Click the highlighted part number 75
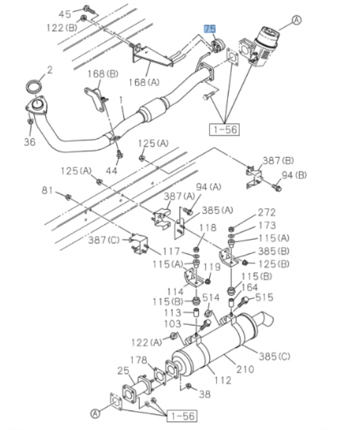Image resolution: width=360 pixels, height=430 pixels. click(x=210, y=29)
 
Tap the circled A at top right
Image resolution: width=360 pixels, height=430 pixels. click(x=297, y=21)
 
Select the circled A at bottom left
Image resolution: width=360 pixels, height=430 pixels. click(x=95, y=413)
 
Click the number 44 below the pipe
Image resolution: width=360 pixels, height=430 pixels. click(x=112, y=170)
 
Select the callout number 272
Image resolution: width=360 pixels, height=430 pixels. click(x=266, y=212)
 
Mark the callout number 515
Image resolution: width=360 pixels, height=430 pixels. click(x=264, y=297)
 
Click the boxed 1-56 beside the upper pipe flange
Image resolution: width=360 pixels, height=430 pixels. click(x=225, y=128)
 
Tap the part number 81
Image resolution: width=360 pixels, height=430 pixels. click(x=47, y=191)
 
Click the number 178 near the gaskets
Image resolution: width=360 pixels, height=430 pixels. click(x=138, y=360)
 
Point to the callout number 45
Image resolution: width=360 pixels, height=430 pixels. click(x=65, y=14)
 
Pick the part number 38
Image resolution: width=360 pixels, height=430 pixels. click(x=205, y=394)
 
